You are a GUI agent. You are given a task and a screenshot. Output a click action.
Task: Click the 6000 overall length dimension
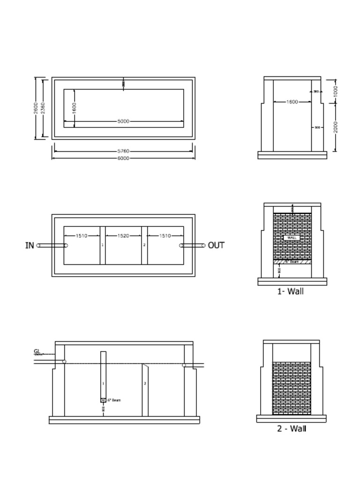click(123, 158)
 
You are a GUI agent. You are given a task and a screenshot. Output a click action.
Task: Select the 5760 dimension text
click(123, 151)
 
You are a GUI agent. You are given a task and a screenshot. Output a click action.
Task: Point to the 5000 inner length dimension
click(123, 121)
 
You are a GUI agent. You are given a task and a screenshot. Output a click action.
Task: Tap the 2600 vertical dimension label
click(36, 108)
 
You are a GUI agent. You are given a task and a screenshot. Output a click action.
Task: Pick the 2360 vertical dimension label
click(43, 108)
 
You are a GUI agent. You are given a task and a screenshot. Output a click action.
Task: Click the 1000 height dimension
click(336, 91)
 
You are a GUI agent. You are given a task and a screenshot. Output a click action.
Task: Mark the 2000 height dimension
click(336, 127)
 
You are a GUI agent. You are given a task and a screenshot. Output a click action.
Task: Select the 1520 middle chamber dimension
click(123, 236)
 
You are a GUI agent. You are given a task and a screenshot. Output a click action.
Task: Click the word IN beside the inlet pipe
click(30, 245)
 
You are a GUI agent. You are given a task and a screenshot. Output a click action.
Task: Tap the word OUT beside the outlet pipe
click(216, 245)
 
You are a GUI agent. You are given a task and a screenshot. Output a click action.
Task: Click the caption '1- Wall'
click(290, 291)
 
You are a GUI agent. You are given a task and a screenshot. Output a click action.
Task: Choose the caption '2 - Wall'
click(292, 428)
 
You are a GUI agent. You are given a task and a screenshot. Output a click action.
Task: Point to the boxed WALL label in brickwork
click(292, 238)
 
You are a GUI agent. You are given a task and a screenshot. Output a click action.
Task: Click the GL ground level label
click(37, 351)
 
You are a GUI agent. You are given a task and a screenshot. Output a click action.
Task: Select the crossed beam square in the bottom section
click(103, 400)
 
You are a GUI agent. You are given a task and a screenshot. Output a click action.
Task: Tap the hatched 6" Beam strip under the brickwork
click(292, 262)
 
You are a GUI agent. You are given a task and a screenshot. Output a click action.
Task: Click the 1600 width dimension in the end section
click(292, 102)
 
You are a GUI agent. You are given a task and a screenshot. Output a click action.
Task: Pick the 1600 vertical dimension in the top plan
click(75, 108)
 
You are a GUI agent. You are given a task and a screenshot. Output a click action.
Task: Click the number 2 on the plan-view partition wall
click(144, 245)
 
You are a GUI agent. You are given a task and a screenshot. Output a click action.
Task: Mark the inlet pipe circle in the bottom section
click(64, 361)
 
